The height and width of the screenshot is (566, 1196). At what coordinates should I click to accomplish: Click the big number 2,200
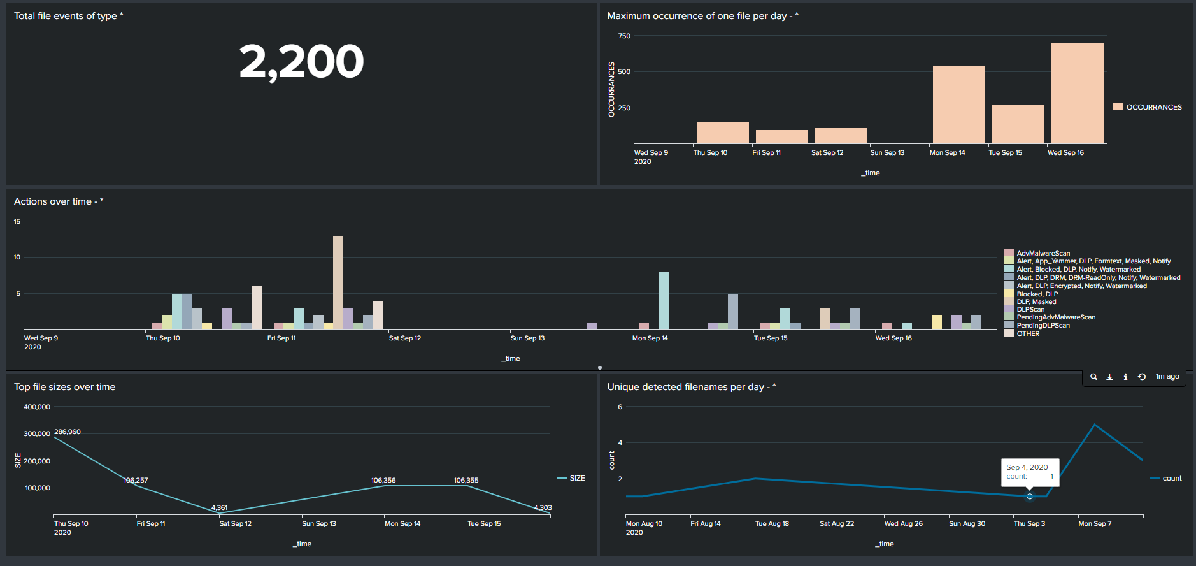301,62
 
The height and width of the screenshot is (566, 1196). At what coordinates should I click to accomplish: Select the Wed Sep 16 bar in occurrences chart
1077,93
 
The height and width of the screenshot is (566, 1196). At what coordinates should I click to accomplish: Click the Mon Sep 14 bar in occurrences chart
958,105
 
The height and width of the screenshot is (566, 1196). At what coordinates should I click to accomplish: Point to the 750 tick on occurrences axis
624,36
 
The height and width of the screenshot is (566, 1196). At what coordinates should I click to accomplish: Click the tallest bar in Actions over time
338,282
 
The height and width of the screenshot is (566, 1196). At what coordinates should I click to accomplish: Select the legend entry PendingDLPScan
1043,325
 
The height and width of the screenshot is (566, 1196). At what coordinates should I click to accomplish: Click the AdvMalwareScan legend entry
1043,253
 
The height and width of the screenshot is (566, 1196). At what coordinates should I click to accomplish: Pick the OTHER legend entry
1027,333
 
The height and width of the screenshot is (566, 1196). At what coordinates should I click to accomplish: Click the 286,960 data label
68,432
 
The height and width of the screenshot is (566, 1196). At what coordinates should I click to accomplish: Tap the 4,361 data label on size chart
219,508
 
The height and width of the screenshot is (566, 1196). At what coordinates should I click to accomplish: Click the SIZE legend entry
577,478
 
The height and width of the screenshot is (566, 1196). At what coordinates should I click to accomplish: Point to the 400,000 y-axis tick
37,407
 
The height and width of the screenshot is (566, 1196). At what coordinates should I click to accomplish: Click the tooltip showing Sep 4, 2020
1030,472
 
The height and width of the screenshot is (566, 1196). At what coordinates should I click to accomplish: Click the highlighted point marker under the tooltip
1030,496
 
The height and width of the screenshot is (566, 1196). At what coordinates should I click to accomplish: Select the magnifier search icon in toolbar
1093,377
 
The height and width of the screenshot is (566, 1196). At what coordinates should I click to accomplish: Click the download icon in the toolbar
1109,377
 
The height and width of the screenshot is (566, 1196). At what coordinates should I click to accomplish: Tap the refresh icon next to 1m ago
1142,377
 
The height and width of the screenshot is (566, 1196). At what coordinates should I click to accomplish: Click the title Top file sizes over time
64,387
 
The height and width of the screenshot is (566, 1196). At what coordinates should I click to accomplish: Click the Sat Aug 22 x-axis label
836,524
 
